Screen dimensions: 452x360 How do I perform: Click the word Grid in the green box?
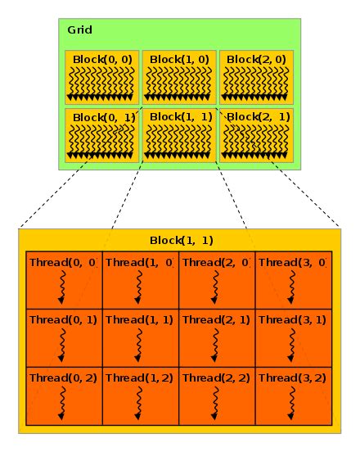pos(79,30)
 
